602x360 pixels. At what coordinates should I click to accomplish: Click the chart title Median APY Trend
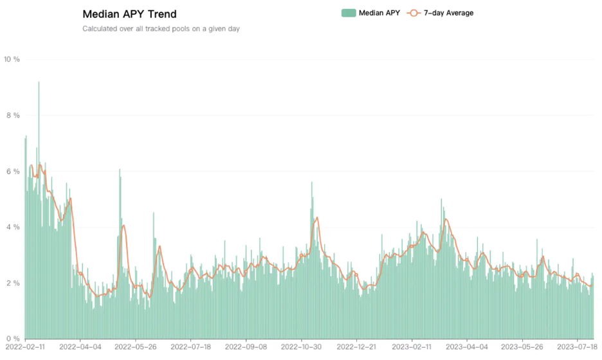click(x=129, y=14)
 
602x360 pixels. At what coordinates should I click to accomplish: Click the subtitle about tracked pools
click(x=161, y=28)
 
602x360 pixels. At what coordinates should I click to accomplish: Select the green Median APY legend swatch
click(x=348, y=13)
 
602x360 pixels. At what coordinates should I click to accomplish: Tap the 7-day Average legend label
click(x=448, y=13)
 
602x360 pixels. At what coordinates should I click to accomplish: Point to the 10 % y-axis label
click(x=12, y=59)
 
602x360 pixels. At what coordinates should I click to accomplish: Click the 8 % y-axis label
click(x=12, y=116)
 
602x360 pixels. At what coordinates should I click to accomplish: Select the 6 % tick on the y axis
click(x=12, y=172)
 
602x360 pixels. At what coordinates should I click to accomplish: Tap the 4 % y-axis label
click(x=12, y=228)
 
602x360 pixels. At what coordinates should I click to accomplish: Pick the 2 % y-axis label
click(x=12, y=283)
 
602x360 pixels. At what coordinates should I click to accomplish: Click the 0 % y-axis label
click(x=12, y=339)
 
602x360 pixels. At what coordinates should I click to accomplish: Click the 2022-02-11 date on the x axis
click(x=24, y=347)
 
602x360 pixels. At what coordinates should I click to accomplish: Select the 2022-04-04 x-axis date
click(x=80, y=347)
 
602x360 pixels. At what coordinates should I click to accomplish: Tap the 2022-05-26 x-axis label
click(x=135, y=347)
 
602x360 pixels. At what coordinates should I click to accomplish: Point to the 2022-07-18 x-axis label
click(x=190, y=347)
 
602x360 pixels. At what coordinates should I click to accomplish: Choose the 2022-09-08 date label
click(x=246, y=347)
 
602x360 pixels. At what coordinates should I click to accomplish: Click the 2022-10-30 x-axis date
click(x=301, y=347)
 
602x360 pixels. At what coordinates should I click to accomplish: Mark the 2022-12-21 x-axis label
click(x=356, y=347)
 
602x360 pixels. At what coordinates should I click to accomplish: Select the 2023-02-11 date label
click(x=412, y=347)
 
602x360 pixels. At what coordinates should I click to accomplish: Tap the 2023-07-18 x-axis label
click(x=577, y=347)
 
